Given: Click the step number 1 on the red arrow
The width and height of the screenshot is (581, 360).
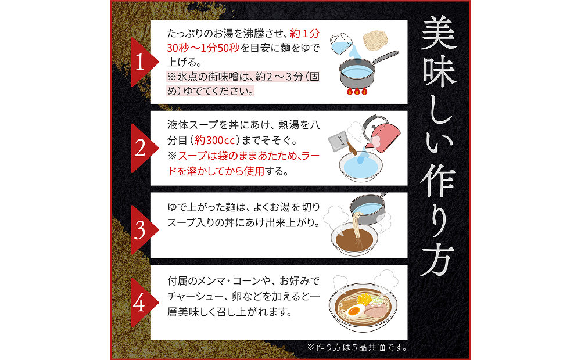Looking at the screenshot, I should [139, 63].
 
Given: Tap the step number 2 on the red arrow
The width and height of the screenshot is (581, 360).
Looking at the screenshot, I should [140, 149].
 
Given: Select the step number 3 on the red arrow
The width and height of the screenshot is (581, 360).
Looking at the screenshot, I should [140, 231].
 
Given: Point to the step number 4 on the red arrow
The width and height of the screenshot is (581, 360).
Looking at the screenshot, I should [140, 303].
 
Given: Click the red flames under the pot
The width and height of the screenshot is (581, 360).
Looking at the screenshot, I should [357, 91].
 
